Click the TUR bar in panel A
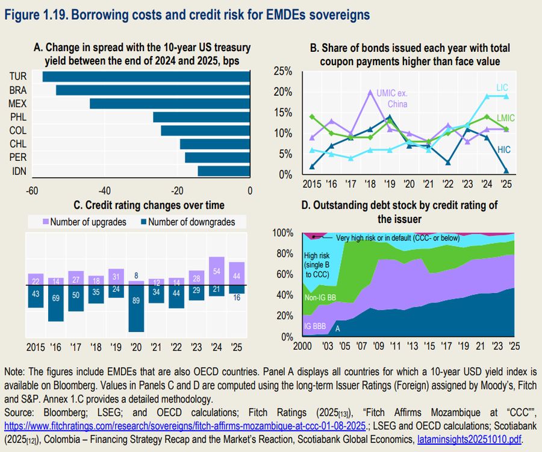click(x=146, y=77)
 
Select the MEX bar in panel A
click(x=169, y=103)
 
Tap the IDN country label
click(x=18, y=172)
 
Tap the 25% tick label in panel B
click(x=282, y=72)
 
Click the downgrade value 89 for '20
click(x=137, y=300)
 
